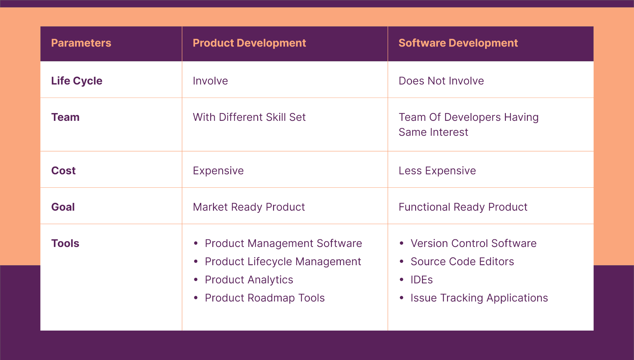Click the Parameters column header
tap(81, 43)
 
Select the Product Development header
tap(249, 43)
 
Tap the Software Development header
tap(458, 43)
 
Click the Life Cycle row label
tap(77, 81)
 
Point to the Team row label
tap(65, 117)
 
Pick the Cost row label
tap(63, 171)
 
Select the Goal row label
tap(63, 207)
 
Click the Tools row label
tap(65, 244)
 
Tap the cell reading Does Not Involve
tap(441, 81)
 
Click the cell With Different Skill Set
tap(249, 117)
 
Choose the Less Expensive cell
tap(437, 171)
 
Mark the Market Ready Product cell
tap(249, 207)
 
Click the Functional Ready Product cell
tap(463, 207)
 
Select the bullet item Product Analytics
tap(249, 280)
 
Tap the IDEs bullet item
tap(422, 280)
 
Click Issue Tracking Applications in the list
tap(479, 298)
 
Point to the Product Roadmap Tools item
tap(265, 298)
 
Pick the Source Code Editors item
tap(462, 262)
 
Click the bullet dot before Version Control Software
tap(402, 244)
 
